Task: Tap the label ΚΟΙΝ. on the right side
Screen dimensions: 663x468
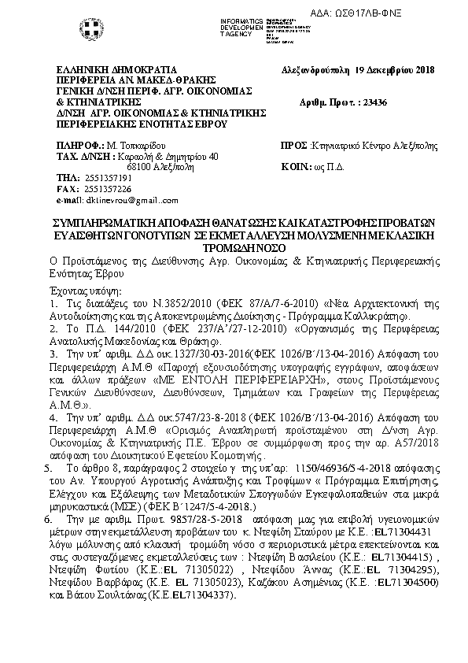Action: click(296, 168)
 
